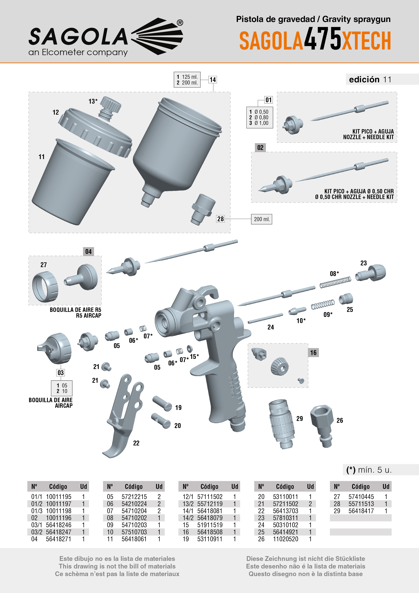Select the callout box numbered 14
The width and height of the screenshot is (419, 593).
[213, 80]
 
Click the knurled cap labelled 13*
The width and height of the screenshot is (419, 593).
[110, 108]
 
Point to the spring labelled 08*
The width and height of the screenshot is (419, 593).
[335, 282]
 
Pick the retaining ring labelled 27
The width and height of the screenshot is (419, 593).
[45, 287]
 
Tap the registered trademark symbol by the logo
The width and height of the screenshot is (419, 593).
[180, 23]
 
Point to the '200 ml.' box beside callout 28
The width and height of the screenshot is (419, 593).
[262, 219]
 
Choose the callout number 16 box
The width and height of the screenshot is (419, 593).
[313, 353]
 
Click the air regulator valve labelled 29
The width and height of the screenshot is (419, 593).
[282, 424]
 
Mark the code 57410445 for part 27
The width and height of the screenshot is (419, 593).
[361, 497]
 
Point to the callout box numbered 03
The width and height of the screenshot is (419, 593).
[60, 373]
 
